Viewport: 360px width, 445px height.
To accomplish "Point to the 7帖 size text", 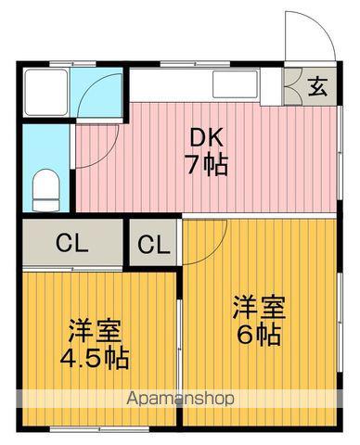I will tap(206, 168).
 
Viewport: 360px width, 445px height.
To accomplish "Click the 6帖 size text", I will tap(257, 335).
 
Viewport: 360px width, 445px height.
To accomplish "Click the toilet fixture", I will tap(45, 190).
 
